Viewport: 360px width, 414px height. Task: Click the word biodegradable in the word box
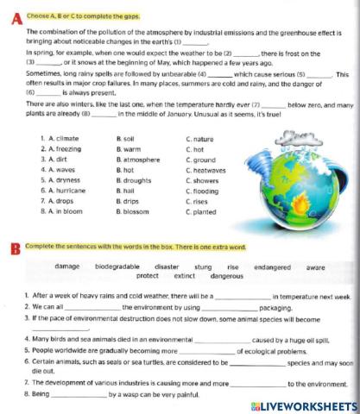[x=121, y=267]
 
